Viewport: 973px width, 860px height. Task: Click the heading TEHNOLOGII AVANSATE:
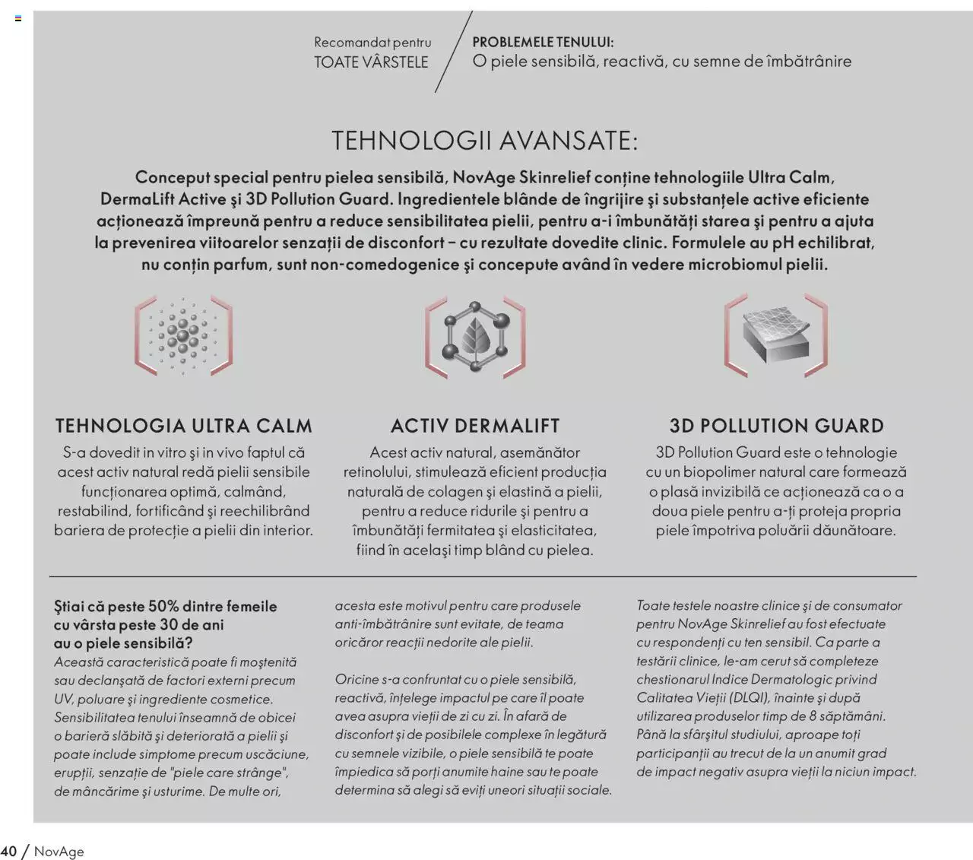(485, 141)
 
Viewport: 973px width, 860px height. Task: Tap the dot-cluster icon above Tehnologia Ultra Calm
(183, 335)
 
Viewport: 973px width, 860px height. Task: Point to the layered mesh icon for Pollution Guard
(775, 335)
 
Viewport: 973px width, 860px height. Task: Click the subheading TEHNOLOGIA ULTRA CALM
(183, 425)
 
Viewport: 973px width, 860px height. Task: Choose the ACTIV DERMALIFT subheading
(475, 425)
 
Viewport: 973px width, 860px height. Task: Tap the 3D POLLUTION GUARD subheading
(776, 425)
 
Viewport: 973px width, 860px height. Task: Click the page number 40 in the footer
(8, 851)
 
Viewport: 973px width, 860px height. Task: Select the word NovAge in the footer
(59, 852)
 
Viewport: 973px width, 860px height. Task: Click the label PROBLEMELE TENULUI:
(543, 43)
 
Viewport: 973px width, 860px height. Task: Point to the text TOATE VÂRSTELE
(371, 62)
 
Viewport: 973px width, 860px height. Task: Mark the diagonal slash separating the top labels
(453, 52)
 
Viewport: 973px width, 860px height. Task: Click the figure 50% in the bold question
(163, 606)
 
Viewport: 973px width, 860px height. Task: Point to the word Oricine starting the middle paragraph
(357, 679)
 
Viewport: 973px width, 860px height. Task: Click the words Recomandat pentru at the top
(372, 43)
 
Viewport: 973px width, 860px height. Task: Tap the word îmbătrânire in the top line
(809, 62)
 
